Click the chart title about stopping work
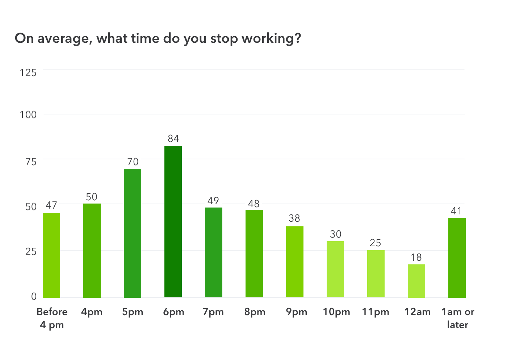158,38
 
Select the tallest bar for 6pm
173,222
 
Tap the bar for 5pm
133,233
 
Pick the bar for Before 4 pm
51,255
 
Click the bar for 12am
416,281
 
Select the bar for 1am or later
457,258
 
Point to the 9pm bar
295,262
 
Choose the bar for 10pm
335,269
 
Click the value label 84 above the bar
173,139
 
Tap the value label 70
133,162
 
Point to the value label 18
416,258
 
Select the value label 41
456,211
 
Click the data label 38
294,218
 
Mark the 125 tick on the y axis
28,73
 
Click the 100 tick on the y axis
28,115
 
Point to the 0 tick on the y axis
34,297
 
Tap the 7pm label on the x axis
213,312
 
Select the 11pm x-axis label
376,312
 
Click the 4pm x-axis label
92,312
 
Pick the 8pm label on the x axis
255,312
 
